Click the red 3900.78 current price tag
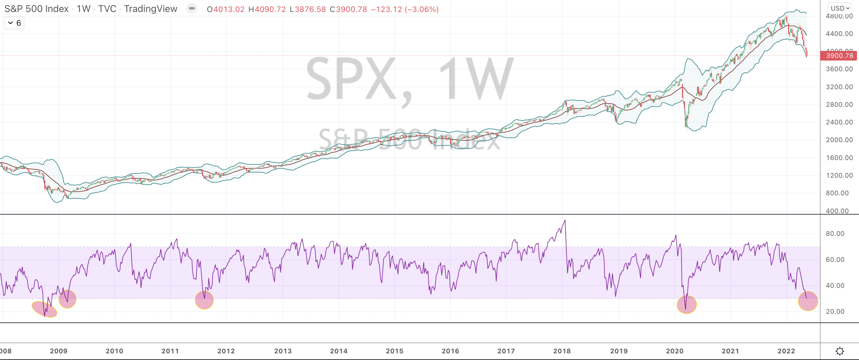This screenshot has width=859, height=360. tap(839, 56)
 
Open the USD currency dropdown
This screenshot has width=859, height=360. tap(840, 8)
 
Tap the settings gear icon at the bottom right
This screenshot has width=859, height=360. tap(840, 351)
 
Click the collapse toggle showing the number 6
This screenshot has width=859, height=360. tap(14, 23)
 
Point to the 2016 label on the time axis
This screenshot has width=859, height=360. tap(450, 351)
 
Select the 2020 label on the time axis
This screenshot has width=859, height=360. tap(675, 351)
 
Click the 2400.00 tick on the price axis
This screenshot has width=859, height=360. tap(839, 122)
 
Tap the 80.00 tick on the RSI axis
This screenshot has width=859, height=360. tap(835, 234)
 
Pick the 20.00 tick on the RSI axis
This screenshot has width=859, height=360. tap(835, 311)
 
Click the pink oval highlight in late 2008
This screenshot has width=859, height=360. tap(44, 309)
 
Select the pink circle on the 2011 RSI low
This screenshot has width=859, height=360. tap(204, 300)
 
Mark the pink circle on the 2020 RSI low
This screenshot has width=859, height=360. tap(687, 305)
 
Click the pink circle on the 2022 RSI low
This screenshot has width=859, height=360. tap(808, 301)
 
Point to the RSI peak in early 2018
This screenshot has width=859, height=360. tap(565, 221)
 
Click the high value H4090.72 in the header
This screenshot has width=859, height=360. tap(267, 9)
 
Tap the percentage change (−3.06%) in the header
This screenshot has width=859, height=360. tap(422, 9)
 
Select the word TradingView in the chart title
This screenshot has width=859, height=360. tap(150, 9)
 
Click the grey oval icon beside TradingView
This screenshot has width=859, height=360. tap(192, 8)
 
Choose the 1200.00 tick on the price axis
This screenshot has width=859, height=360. tap(839, 175)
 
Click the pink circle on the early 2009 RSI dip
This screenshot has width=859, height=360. tap(67, 299)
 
